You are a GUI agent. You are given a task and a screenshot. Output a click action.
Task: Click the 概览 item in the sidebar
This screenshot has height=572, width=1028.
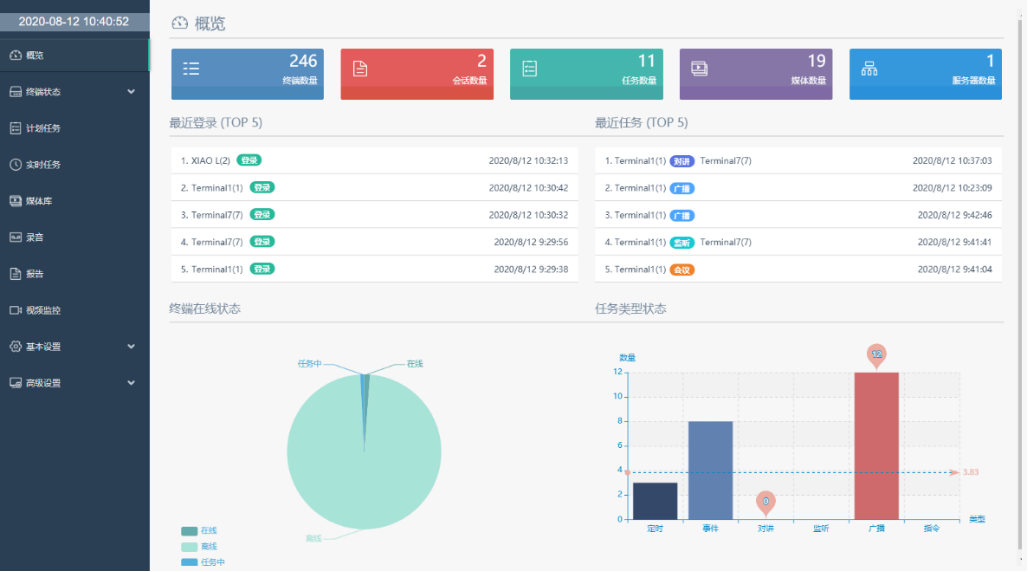pos(35,55)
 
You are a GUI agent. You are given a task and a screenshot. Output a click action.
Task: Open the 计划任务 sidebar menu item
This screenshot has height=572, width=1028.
pos(43,128)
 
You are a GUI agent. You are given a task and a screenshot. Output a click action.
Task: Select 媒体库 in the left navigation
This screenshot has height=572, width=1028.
pos(39,201)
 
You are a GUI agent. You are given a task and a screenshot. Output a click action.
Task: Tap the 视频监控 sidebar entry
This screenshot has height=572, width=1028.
pos(43,310)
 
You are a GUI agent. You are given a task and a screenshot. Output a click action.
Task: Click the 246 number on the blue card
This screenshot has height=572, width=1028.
pos(303,62)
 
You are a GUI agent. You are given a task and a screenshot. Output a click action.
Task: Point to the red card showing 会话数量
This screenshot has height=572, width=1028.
pos(416,75)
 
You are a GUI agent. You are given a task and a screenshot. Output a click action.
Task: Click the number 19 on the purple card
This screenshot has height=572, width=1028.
pos(816,62)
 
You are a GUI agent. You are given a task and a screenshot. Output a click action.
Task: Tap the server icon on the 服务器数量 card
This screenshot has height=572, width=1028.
pos(869,69)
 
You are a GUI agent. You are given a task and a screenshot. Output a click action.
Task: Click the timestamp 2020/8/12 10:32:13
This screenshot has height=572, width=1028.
pos(528,160)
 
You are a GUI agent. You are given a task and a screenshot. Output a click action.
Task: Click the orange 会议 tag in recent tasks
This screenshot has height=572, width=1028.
pos(682,269)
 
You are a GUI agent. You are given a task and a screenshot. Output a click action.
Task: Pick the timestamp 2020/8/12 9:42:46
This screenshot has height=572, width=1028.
pos(954,215)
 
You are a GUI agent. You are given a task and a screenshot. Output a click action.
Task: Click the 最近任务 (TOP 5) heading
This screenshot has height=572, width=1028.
pos(641,123)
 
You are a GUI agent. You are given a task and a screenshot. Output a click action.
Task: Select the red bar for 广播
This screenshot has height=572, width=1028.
pos(876,445)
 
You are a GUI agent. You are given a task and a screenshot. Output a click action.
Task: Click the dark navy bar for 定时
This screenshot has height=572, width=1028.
pos(655,501)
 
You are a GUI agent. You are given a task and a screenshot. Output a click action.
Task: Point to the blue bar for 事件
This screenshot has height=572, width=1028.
pos(710,470)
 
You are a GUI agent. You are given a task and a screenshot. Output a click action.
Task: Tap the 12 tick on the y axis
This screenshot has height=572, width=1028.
pos(618,372)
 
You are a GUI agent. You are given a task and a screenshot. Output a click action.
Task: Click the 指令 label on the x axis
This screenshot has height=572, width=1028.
pos(931,528)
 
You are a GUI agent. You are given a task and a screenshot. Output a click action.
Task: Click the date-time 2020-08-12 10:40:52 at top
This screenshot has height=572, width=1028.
pos(74,21)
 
